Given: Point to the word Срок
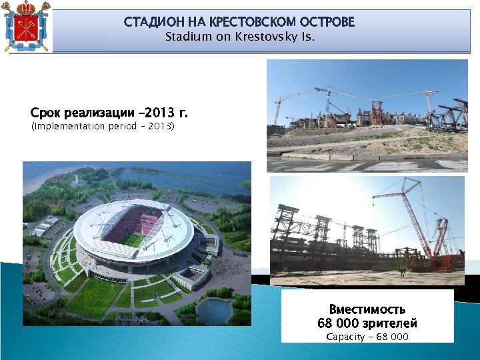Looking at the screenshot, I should pos(45,112).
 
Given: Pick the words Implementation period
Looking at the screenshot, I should pos(80,126).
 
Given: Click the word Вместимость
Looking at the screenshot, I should pos(367,309).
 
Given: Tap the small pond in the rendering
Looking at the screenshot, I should pos(213,310).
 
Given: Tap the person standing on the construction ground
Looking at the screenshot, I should pos(402,271).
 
